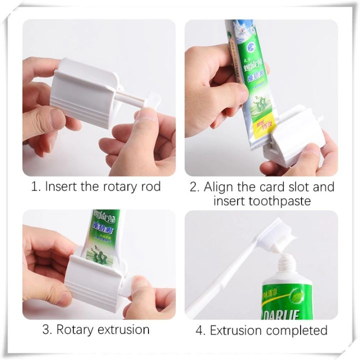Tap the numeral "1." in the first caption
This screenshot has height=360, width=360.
pos(35,187)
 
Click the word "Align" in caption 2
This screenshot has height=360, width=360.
pos(220,187)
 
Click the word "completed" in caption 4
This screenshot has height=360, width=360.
pos(296,330)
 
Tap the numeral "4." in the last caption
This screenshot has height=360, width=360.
pos(200,330)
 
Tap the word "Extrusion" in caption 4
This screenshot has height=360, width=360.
pos(236,330)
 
